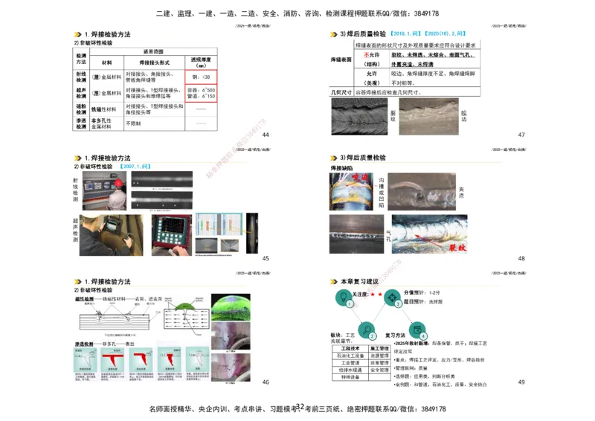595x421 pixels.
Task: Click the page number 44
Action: [x=266, y=135]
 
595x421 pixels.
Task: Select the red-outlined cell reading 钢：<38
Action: [x=201, y=77]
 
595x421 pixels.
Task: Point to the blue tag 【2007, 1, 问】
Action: [x=137, y=167]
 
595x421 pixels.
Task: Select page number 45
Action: [x=266, y=258]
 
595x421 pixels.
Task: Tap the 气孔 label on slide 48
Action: [x=388, y=236]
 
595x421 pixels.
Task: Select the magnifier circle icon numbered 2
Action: [x=365, y=328]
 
